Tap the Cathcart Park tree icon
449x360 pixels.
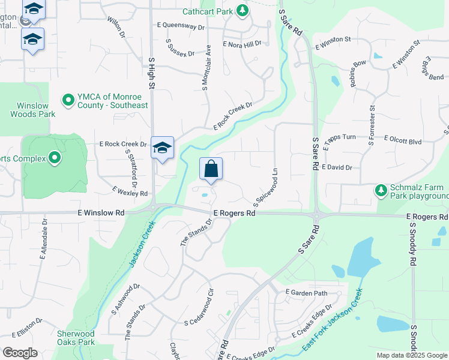pos(242,10)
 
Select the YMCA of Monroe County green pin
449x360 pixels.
pos(68,98)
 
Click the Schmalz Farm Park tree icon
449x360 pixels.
pos(381,190)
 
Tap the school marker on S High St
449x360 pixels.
pos(162,148)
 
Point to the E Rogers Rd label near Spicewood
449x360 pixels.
pos(234,213)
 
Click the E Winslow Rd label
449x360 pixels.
pos(100,212)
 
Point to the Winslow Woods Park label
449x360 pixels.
pos(32,110)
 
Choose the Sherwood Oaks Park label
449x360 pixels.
pos(76,338)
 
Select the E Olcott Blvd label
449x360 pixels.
pos(403,142)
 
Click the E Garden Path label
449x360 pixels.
pos(306,293)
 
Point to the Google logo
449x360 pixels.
pos(20,353)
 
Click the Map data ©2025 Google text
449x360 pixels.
pos(412,355)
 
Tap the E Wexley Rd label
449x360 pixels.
pos(130,191)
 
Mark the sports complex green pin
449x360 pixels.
pos(55,158)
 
